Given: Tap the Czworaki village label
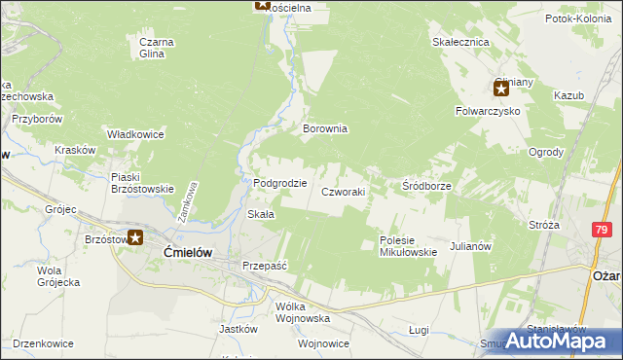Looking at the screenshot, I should pos(344,193).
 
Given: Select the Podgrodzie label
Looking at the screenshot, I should pos(280,183).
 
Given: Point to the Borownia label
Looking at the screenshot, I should pos(325,128).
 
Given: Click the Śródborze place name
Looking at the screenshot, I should pos(425,185).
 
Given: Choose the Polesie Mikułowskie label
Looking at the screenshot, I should pos(408,246).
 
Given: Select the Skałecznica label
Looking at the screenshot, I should pos(460,43).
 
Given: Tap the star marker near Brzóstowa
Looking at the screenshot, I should pos(136,237).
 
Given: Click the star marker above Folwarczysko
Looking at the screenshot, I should pos(501,90).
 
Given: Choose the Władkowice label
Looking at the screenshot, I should pos(135,134).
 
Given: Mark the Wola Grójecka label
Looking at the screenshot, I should pos(58,276).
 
